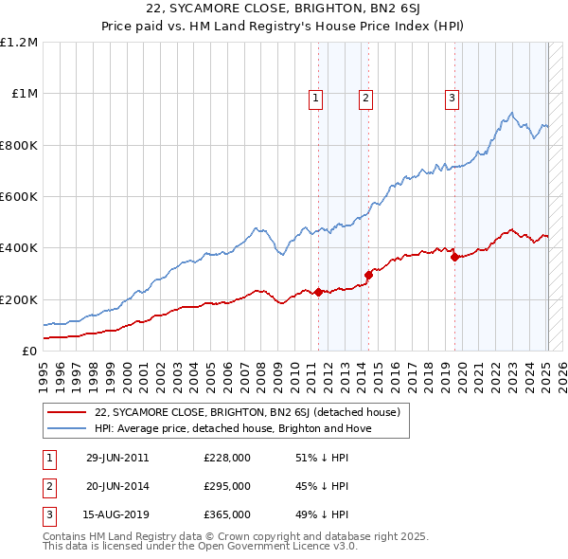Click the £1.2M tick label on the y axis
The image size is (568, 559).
(19, 43)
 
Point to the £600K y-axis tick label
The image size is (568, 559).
(19, 197)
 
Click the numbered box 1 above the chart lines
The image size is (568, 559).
(314, 96)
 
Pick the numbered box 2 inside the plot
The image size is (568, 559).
(365, 96)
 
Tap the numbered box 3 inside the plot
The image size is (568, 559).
(453, 96)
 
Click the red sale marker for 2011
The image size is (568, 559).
(318, 292)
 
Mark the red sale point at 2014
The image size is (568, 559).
(368, 275)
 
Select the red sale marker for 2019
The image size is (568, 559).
(455, 257)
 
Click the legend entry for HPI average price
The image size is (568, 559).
(232, 428)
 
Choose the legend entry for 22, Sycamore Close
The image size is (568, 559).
(247, 412)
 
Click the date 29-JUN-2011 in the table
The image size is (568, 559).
(117, 458)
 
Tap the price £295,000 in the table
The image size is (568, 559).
(227, 486)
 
